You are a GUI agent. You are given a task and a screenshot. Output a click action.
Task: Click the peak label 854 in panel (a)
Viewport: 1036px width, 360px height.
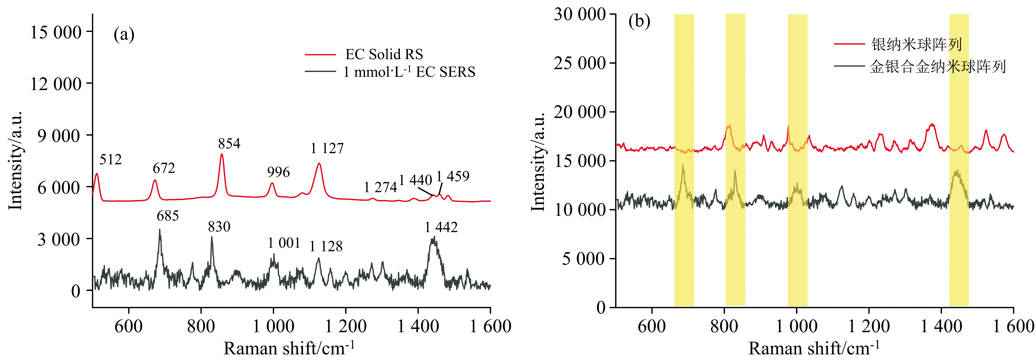coord(229,144)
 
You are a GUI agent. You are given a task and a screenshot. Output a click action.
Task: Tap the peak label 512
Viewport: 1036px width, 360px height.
coord(110,160)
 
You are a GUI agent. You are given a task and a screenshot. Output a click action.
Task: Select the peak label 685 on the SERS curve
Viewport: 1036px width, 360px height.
coord(168,216)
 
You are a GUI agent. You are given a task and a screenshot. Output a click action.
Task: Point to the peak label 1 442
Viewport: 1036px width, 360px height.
coord(441,228)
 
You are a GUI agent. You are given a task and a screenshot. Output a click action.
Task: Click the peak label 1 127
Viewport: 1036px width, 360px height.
coord(327,148)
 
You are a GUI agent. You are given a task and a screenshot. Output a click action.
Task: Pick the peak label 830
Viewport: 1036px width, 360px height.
coord(219,227)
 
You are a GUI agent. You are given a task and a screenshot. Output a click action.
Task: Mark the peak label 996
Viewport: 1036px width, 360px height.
coord(278,172)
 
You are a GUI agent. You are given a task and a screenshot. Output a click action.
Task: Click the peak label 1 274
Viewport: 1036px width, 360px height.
coord(380,188)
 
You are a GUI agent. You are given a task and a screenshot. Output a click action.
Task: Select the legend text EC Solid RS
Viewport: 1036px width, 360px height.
coord(384,54)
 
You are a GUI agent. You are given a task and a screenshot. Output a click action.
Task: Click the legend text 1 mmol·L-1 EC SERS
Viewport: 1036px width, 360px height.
coord(409,72)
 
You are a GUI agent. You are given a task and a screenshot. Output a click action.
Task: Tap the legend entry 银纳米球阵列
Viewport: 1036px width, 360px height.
coord(916,44)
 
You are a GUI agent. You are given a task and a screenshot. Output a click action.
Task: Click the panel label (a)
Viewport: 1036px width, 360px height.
coord(124,35)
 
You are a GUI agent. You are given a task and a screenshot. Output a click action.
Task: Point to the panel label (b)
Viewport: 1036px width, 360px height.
coord(639,21)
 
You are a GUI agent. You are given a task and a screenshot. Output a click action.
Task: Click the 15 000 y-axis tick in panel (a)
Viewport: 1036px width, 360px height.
coord(56,32)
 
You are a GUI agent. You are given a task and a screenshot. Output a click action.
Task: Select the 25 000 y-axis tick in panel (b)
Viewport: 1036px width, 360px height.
coord(579,63)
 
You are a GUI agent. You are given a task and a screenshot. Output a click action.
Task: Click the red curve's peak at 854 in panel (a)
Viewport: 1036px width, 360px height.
coord(222,155)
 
